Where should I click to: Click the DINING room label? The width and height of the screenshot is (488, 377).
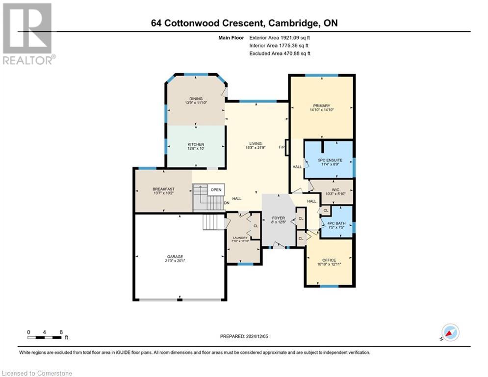click(194, 98)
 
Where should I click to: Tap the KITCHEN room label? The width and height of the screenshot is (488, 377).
click(195, 144)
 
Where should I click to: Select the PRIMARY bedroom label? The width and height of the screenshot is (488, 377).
click(321, 106)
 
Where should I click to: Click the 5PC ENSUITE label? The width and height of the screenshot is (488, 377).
click(328, 161)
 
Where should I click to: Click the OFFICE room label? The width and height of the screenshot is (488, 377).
click(329, 260)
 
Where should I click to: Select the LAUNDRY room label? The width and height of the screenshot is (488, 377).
click(240, 238)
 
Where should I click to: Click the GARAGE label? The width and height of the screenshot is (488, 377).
click(175, 256)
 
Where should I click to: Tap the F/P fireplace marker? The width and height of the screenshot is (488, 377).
click(282, 147)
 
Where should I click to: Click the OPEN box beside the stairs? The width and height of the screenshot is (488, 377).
click(216, 189)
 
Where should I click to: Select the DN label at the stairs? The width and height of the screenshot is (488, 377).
click(227, 203)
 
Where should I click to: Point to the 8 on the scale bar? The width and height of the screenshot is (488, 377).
click(61, 332)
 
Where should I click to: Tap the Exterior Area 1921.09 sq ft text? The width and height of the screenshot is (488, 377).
click(280, 37)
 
